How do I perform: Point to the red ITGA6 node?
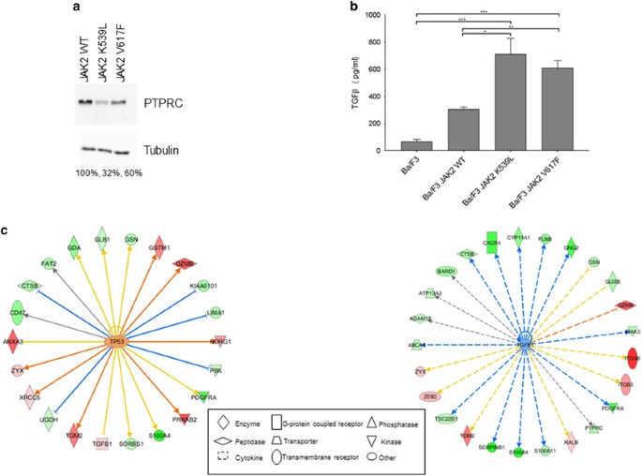(630, 355)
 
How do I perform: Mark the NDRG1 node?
(219, 341)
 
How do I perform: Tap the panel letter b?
(355, 7)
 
